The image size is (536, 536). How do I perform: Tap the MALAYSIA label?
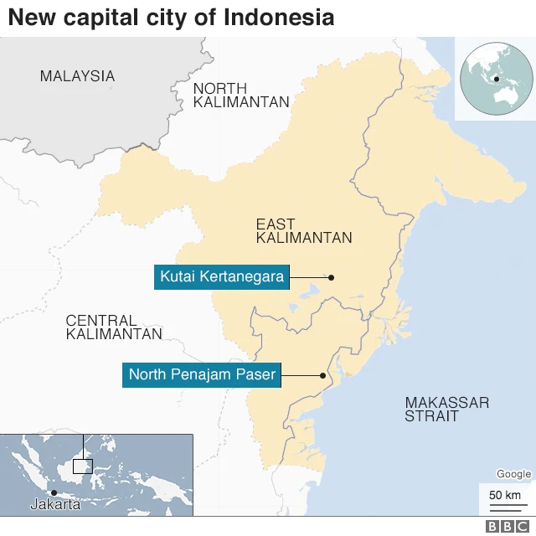click(x=77, y=76)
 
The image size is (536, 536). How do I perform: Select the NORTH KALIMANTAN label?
click(x=241, y=95)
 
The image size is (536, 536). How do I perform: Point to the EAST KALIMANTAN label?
click(x=304, y=231)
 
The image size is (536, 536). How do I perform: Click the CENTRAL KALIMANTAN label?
click(x=114, y=327)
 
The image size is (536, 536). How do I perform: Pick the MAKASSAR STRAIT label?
click(x=446, y=409)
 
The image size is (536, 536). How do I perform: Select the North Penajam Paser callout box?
click(x=202, y=375)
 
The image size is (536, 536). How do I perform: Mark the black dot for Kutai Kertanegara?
click(x=332, y=277)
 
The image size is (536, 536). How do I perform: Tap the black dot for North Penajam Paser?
click(x=323, y=375)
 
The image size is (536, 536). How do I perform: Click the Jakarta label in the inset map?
click(x=55, y=504)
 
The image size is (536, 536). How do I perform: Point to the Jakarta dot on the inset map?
click(x=54, y=492)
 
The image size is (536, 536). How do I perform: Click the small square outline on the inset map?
click(x=82, y=466)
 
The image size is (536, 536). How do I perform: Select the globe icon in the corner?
click(x=496, y=77)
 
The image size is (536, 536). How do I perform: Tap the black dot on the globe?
click(x=497, y=80)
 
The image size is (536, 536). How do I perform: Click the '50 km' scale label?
click(x=504, y=494)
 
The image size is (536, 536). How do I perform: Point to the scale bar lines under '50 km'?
click(x=504, y=506)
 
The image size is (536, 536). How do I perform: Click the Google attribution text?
click(x=513, y=475)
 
